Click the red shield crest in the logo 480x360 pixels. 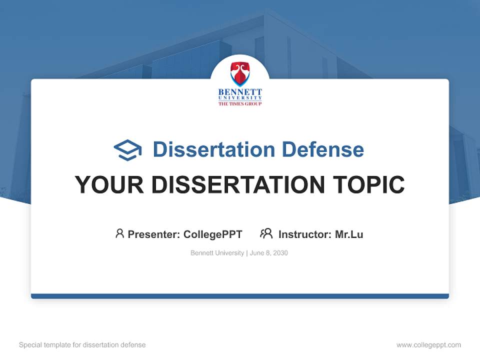[x=240, y=73]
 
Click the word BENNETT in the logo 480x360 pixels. [x=240, y=92]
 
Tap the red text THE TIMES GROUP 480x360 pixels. [x=240, y=103]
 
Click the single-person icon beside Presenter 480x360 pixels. [x=119, y=233]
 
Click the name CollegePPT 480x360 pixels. [x=213, y=234]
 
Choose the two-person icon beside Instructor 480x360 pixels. [x=266, y=233]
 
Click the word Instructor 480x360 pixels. [x=304, y=234]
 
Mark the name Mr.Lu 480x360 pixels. [x=349, y=234]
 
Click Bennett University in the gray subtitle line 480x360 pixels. [x=217, y=253]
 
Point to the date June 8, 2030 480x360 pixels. [x=269, y=253]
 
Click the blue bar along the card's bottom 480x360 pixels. [x=240, y=296]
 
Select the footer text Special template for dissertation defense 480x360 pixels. [x=82, y=345]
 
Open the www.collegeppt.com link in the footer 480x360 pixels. [x=428, y=345]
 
